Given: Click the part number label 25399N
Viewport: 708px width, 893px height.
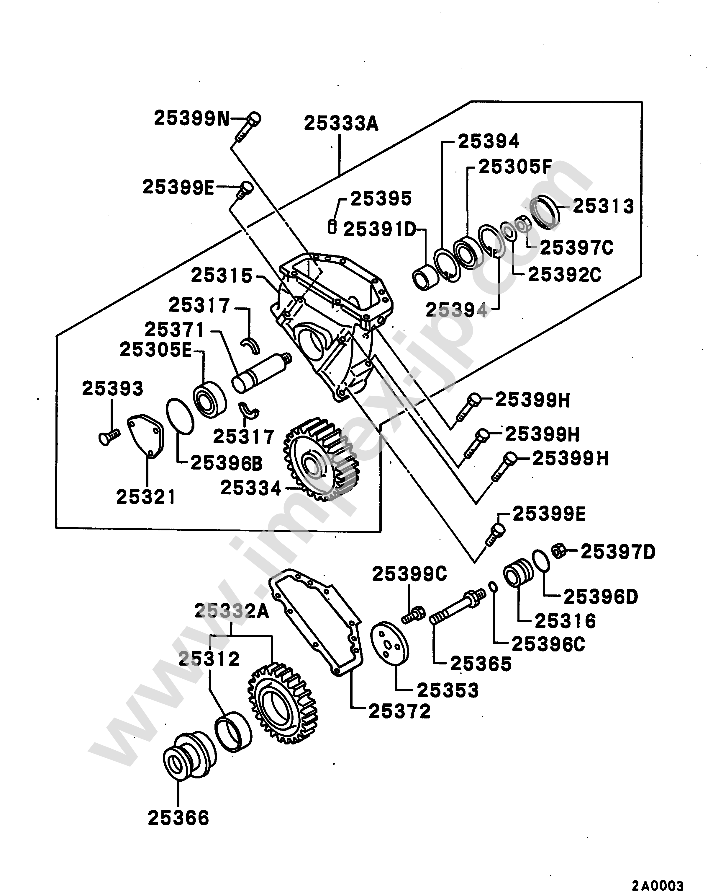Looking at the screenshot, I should click(191, 118).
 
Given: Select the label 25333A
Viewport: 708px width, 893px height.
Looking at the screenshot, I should click(341, 123).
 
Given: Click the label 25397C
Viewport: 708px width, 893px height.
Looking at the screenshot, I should click(576, 248).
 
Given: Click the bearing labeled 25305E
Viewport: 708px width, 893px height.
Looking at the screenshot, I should click(210, 399).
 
